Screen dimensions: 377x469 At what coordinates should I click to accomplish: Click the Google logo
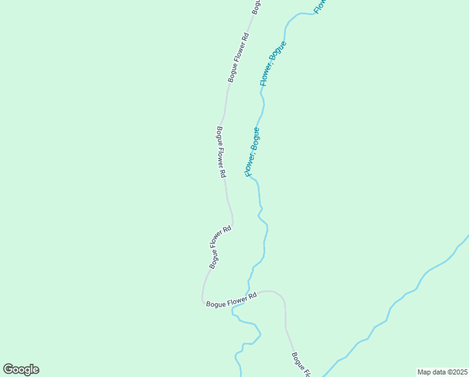click(21, 369)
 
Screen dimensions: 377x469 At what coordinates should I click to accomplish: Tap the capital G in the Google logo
click(8, 369)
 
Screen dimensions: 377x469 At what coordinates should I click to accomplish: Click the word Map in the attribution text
click(424, 371)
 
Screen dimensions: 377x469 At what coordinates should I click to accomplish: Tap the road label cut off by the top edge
click(256, 6)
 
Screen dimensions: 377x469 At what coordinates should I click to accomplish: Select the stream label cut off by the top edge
click(319, 6)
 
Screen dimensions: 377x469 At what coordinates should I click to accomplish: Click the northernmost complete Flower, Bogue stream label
click(273, 63)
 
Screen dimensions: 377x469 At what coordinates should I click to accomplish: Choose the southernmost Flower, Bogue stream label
click(251, 152)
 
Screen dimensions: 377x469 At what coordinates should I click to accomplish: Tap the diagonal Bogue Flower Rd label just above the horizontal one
click(220, 247)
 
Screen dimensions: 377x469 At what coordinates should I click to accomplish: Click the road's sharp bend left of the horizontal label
click(203, 300)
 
